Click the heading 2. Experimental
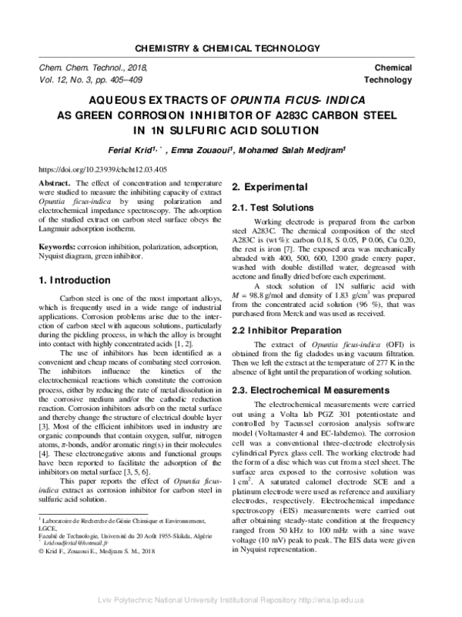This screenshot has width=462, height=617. point(273,187)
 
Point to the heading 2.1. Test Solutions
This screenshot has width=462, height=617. point(273,208)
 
